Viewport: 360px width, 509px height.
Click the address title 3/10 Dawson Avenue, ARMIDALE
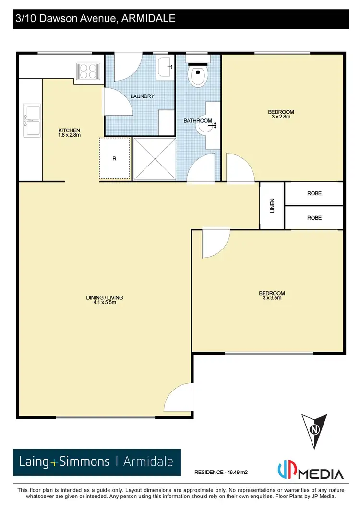[95, 19]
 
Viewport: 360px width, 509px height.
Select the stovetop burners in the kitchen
[88, 71]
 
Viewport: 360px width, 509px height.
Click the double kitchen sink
[32, 120]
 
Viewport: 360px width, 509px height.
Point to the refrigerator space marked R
[115, 159]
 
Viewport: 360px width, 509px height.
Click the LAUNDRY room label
[143, 96]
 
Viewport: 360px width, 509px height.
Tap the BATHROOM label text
[198, 121]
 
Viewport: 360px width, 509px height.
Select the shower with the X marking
[153, 159]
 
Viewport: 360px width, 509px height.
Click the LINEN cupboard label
[272, 206]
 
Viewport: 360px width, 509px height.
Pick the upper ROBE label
[314, 193]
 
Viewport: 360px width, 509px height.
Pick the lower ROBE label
[314, 217]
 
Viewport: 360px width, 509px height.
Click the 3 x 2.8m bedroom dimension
[281, 117]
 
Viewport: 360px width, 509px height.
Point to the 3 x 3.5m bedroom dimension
[272, 298]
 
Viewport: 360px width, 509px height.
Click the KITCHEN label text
[69, 130]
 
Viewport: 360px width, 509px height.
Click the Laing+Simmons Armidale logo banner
[96, 462]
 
